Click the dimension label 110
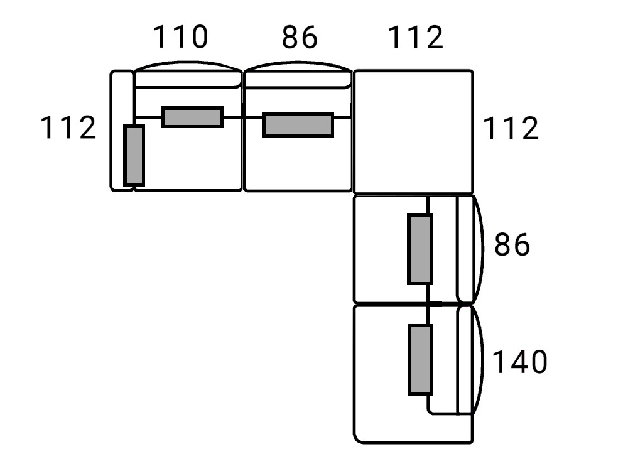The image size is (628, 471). pyautogui.click(x=180, y=38)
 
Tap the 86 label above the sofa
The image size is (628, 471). pyautogui.click(x=300, y=38)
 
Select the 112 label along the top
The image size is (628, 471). pyautogui.click(x=416, y=38)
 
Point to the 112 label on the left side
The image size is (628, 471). pyautogui.click(x=68, y=129)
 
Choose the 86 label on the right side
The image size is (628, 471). pyautogui.click(x=512, y=245)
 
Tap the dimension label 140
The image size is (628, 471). pyautogui.click(x=519, y=362)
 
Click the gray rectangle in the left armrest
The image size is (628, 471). pyautogui.click(x=134, y=155)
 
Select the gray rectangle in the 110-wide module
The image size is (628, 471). pyautogui.click(x=192, y=117)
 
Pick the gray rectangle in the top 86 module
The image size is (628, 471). pyautogui.click(x=298, y=124)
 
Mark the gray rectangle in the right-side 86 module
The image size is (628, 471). pyautogui.click(x=420, y=249)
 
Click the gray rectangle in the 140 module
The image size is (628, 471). pyautogui.click(x=420, y=359)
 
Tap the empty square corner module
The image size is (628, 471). pyautogui.click(x=413, y=131)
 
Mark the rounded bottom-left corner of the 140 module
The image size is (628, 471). pyautogui.click(x=360, y=436)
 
